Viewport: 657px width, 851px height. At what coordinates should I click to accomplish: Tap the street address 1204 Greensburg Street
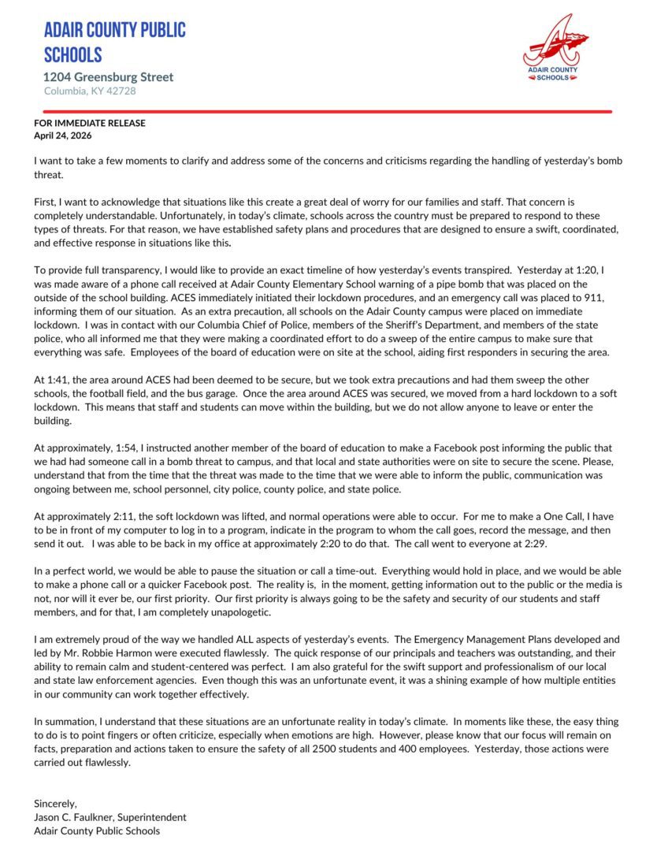tap(109, 77)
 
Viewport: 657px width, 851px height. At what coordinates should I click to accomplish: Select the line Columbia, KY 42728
tap(90, 91)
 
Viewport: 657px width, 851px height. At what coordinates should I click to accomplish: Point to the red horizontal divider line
tap(323, 112)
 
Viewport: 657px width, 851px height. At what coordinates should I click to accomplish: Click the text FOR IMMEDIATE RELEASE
tap(90, 124)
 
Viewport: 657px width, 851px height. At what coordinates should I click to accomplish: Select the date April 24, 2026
tap(63, 136)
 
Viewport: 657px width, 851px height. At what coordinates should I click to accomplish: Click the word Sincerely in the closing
tap(56, 804)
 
